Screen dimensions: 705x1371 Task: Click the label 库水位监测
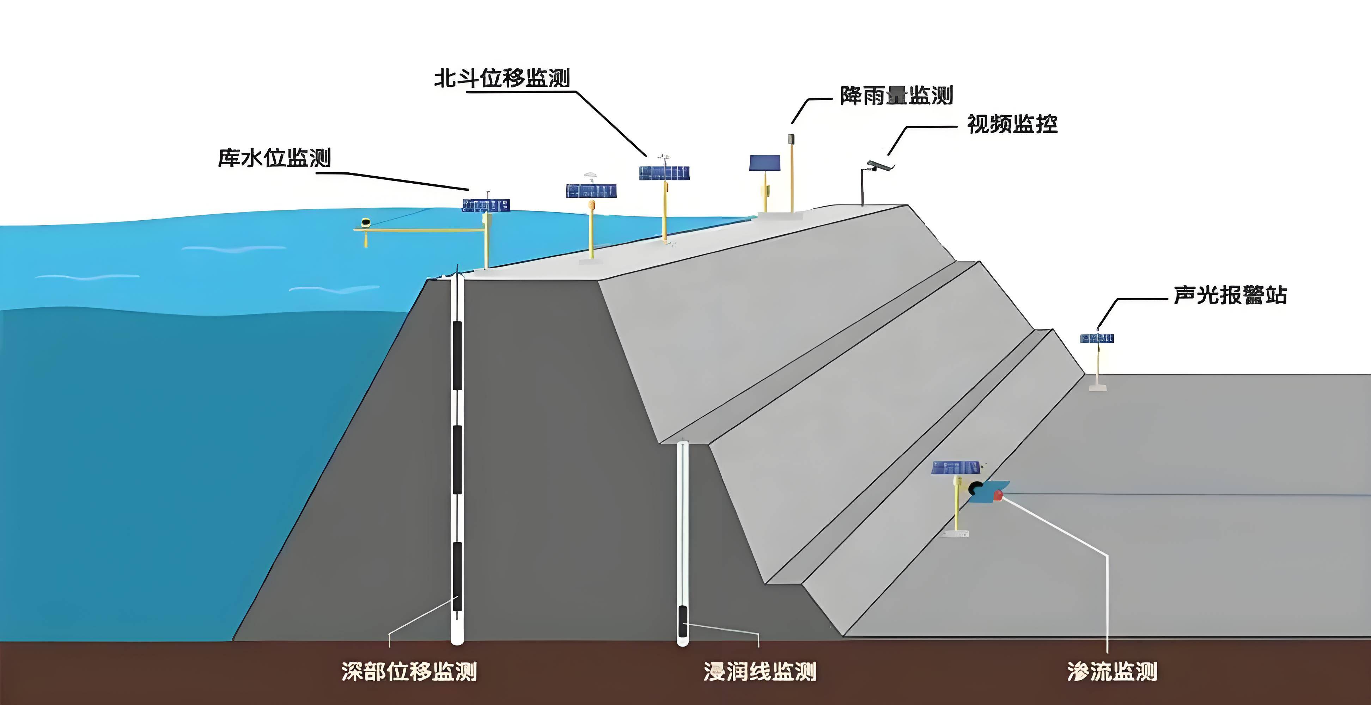point(274,158)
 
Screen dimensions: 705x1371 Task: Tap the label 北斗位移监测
point(502,78)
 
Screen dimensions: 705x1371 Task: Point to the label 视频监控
point(1012,124)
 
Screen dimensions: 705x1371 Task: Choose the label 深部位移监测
point(409,672)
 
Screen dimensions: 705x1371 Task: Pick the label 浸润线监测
point(760,672)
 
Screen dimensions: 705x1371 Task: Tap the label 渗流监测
point(1112,672)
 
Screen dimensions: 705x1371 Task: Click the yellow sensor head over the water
point(366,222)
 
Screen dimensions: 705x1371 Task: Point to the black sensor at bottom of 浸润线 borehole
point(682,623)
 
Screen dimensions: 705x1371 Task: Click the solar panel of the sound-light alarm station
point(1097,338)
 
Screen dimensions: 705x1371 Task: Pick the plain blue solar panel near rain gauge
point(764,163)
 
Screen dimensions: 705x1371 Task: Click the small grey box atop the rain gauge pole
point(791,139)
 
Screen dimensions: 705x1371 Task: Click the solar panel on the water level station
point(485,206)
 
